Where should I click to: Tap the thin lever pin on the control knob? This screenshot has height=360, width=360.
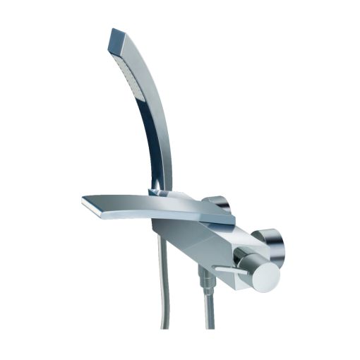[227, 270]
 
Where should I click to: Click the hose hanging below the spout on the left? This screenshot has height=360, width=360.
[164, 282]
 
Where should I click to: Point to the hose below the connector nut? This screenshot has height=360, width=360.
[210, 311]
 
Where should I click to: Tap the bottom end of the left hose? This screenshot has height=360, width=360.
[165, 326]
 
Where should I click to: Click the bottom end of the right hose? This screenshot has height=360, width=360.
[210, 327]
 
